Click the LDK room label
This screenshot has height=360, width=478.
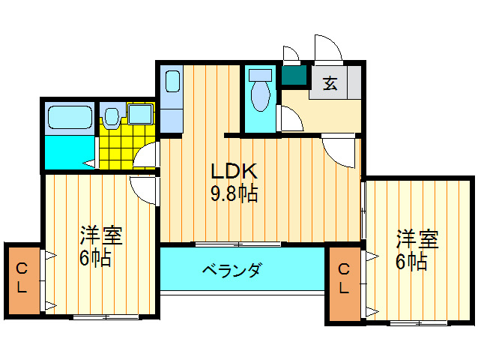(233, 171)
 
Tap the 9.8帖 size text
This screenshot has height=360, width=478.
(233, 195)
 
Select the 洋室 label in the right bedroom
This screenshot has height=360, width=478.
(417, 240)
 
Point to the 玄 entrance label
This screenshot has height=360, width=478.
(330, 83)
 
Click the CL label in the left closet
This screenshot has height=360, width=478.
(22, 277)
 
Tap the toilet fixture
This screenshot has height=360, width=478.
(261, 91)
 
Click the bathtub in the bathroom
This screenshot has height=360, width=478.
(70, 118)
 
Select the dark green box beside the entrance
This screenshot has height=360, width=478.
(294, 75)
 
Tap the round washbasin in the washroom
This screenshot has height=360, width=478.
(111, 117)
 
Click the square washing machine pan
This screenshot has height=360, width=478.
(140, 115)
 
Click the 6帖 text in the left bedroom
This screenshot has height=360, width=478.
(96, 259)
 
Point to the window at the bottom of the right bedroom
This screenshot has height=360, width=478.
(420, 323)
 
